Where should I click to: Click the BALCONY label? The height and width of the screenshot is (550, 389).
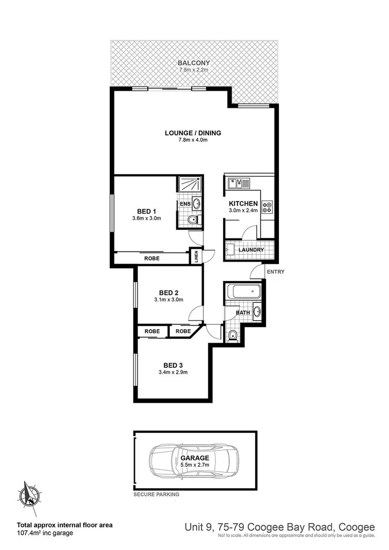[x=194, y=63]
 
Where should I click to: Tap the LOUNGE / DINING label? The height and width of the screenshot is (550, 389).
[x=193, y=133]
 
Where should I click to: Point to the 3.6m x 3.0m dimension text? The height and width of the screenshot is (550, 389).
[x=147, y=218]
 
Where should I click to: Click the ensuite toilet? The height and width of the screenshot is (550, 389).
[x=192, y=220]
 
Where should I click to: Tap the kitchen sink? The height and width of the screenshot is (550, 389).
[x=236, y=184]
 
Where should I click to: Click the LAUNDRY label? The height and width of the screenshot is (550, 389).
[x=251, y=250]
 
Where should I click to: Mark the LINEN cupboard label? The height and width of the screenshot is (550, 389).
[x=196, y=256]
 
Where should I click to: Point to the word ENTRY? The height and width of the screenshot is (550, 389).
[x=276, y=272]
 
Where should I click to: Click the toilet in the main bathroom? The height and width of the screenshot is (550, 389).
[x=232, y=336]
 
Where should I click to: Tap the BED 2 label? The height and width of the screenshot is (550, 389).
[x=169, y=293]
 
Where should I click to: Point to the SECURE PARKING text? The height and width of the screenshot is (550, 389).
[x=157, y=494]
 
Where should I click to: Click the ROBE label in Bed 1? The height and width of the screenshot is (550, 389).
[x=151, y=259]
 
